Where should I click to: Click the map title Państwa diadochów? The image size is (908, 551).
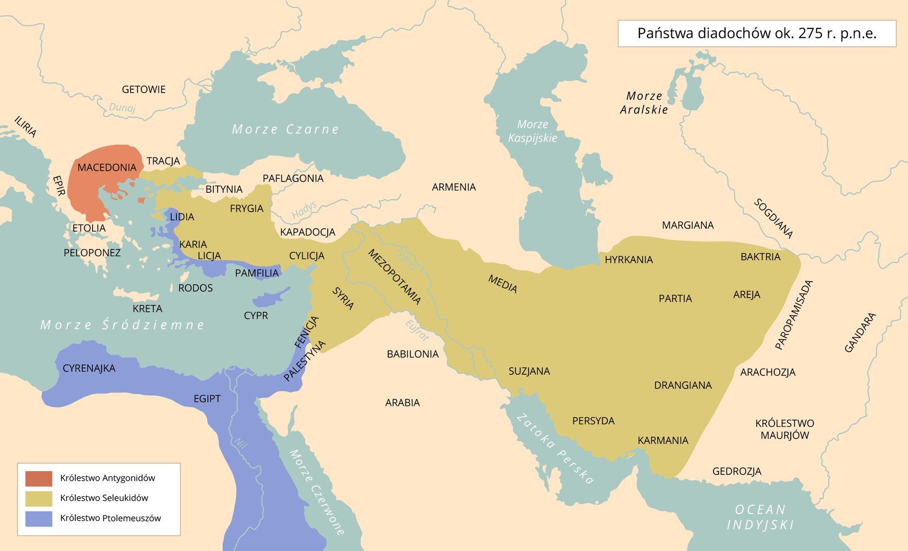click(756, 34)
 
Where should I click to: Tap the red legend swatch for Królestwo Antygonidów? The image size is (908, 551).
click(39, 478)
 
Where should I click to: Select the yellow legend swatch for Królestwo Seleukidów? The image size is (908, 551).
click(39, 498)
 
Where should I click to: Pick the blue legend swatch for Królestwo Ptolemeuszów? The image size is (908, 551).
click(39, 518)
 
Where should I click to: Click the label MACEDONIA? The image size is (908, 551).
click(107, 168)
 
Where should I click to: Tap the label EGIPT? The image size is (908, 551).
click(207, 399)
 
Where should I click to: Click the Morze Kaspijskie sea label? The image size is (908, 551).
click(533, 131)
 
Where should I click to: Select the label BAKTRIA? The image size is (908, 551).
click(760, 257)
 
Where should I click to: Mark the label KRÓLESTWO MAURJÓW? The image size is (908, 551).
click(785, 430)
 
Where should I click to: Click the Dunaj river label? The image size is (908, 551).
click(122, 108)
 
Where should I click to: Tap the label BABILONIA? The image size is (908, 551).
click(412, 354)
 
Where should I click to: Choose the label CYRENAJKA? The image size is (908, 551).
click(89, 369)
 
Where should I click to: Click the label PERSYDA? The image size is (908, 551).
click(593, 421)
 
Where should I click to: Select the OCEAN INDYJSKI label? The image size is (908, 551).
click(760, 517)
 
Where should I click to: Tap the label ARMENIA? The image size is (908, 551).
click(454, 187)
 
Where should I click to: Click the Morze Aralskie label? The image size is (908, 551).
click(644, 103)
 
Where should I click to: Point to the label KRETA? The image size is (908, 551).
click(147, 309)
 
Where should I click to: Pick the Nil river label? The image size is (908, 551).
click(241, 443)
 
